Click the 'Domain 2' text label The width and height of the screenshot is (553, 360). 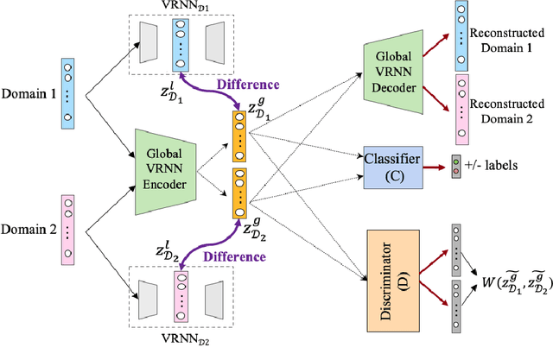[28, 231]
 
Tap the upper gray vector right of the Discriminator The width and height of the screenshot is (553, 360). [457, 246]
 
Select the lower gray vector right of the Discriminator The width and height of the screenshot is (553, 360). [457, 308]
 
